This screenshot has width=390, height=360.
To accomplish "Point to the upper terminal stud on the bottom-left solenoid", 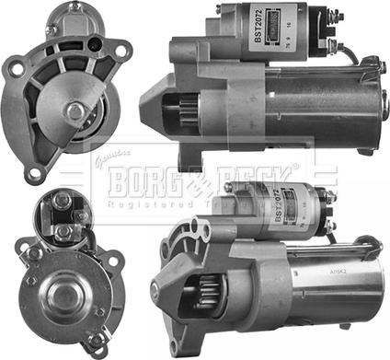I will pos(62,200).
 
